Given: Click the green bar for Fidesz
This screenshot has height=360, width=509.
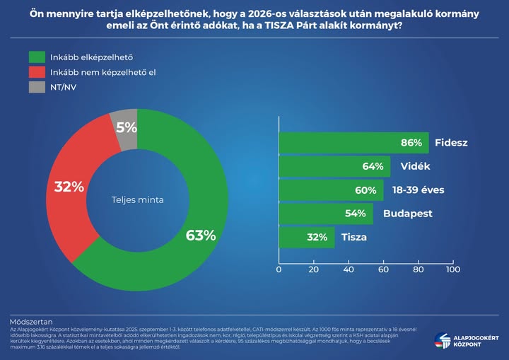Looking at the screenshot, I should (x=353, y=143).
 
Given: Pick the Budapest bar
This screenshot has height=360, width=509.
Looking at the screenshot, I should (x=326, y=214).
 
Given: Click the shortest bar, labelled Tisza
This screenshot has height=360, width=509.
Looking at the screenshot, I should (x=307, y=237).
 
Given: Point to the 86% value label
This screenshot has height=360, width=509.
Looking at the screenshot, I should (x=411, y=143).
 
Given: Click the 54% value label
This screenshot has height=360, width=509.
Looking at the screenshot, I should (x=355, y=214).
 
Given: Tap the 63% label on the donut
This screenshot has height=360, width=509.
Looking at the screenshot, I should (x=201, y=236).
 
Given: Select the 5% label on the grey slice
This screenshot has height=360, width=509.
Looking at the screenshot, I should (x=126, y=128).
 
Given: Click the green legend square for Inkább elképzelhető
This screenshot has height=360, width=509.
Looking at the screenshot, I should (x=37, y=57).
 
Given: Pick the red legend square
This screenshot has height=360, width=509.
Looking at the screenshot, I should (x=37, y=72).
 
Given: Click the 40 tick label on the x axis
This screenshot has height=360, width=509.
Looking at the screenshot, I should (x=349, y=269).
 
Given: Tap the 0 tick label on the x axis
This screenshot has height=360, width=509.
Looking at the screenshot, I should (x=279, y=269).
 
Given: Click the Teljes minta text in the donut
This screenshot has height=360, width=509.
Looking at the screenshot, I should (x=138, y=200).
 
